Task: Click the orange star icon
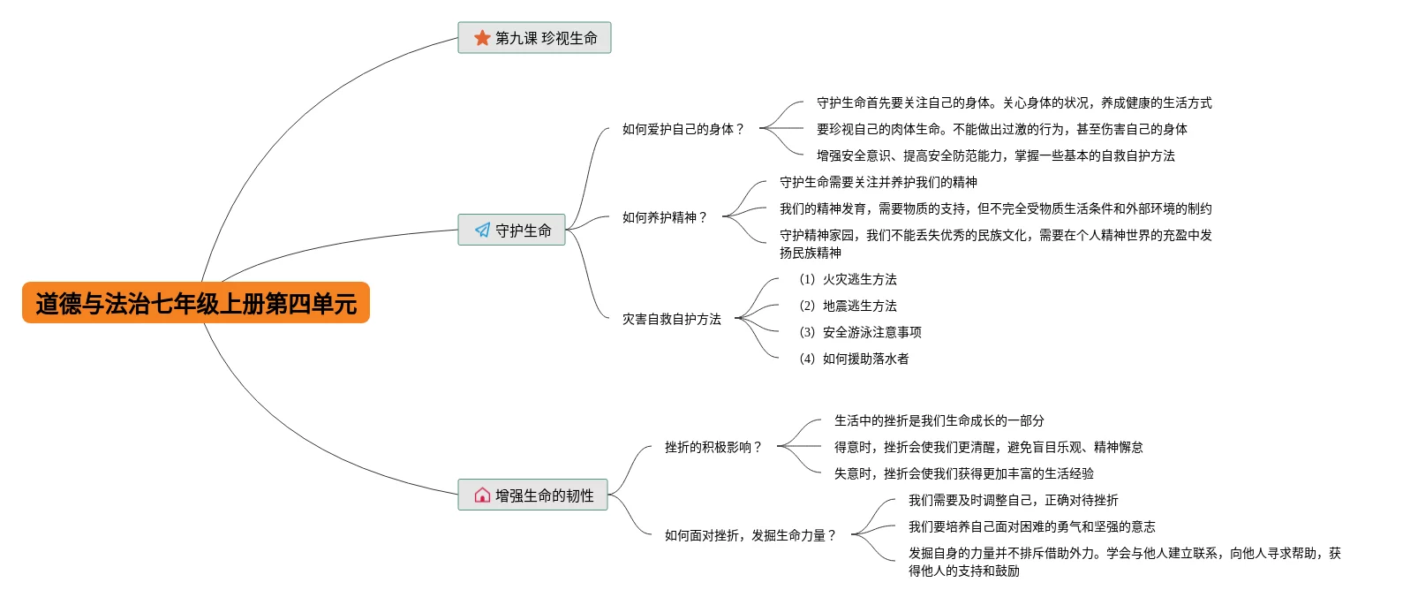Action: (482, 38)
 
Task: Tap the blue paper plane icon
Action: (482, 230)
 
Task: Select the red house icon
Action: (482, 495)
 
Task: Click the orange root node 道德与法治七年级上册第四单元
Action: (196, 303)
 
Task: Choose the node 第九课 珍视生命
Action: (534, 38)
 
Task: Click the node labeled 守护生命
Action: (512, 230)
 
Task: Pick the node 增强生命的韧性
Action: (533, 495)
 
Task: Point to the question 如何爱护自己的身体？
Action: (684, 129)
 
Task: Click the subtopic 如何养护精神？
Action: (665, 217)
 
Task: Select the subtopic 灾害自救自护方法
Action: (671, 319)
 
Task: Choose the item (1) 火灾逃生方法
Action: (848, 279)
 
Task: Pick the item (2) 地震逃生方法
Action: (848, 306)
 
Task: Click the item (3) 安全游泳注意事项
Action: (860, 332)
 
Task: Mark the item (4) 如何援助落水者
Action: (854, 359)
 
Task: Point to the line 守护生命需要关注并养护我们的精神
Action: (879, 182)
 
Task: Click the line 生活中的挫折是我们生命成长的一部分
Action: (939, 420)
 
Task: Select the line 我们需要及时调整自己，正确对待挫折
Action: (1014, 500)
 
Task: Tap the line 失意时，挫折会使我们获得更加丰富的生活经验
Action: (964, 473)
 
